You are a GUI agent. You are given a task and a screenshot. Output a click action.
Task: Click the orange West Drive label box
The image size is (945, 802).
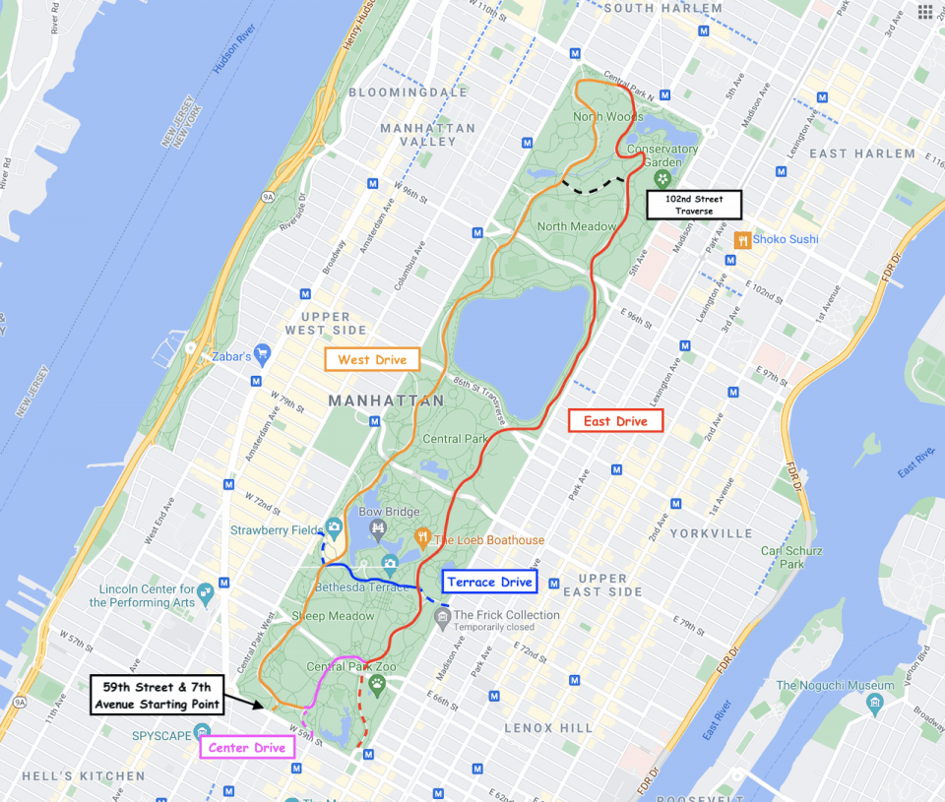(372, 359)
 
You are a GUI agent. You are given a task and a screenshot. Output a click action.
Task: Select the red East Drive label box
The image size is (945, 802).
(616, 421)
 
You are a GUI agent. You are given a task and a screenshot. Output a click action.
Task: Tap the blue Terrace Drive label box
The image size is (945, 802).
(489, 582)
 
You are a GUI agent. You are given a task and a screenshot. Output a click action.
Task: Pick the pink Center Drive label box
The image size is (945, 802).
(247, 748)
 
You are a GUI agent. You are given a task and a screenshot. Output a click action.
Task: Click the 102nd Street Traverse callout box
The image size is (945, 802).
(693, 205)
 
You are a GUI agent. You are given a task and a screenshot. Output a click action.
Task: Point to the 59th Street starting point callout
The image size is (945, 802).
(157, 695)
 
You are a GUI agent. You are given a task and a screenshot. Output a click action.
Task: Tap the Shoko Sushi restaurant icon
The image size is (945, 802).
(741, 239)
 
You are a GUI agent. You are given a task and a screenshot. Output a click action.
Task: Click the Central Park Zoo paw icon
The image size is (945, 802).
(377, 682)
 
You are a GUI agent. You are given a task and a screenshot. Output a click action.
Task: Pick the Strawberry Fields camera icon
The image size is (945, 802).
(334, 529)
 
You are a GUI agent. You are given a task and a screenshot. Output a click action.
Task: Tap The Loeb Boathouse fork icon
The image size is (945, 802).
(423, 537)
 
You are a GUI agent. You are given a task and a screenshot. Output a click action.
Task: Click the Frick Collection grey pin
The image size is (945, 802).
(442, 616)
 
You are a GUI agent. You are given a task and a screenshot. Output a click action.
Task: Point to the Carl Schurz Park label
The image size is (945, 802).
(784, 557)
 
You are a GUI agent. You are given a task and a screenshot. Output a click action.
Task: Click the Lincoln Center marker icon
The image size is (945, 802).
(205, 592)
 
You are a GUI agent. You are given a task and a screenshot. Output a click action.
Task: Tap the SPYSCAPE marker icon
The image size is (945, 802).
(202, 730)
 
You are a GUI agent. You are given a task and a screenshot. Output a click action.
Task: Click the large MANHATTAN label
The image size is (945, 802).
(386, 401)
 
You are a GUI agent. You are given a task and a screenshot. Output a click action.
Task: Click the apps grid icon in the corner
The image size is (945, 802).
(924, 12)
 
